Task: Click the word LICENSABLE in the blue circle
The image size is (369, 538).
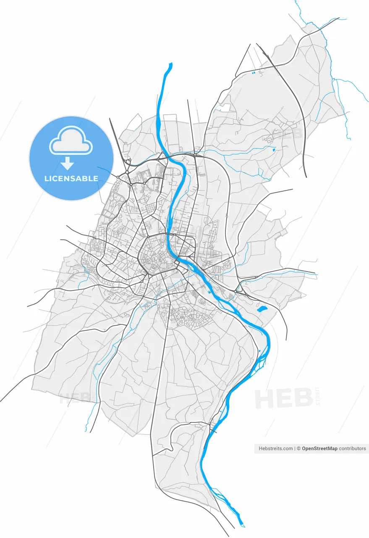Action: point(71,179)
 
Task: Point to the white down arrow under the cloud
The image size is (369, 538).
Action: point(68,162)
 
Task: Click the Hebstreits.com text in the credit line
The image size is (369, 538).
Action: point(276,448)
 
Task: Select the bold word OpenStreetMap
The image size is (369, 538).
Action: point(319,448)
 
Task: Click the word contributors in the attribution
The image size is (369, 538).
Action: point(353,448)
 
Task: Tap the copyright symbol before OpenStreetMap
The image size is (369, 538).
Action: point(299,448)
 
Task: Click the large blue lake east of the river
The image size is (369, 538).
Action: point(262,309)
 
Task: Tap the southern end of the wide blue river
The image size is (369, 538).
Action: point(241,524)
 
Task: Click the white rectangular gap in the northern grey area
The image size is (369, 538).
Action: point(225,108)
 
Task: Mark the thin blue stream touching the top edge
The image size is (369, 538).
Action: point(296,3)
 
